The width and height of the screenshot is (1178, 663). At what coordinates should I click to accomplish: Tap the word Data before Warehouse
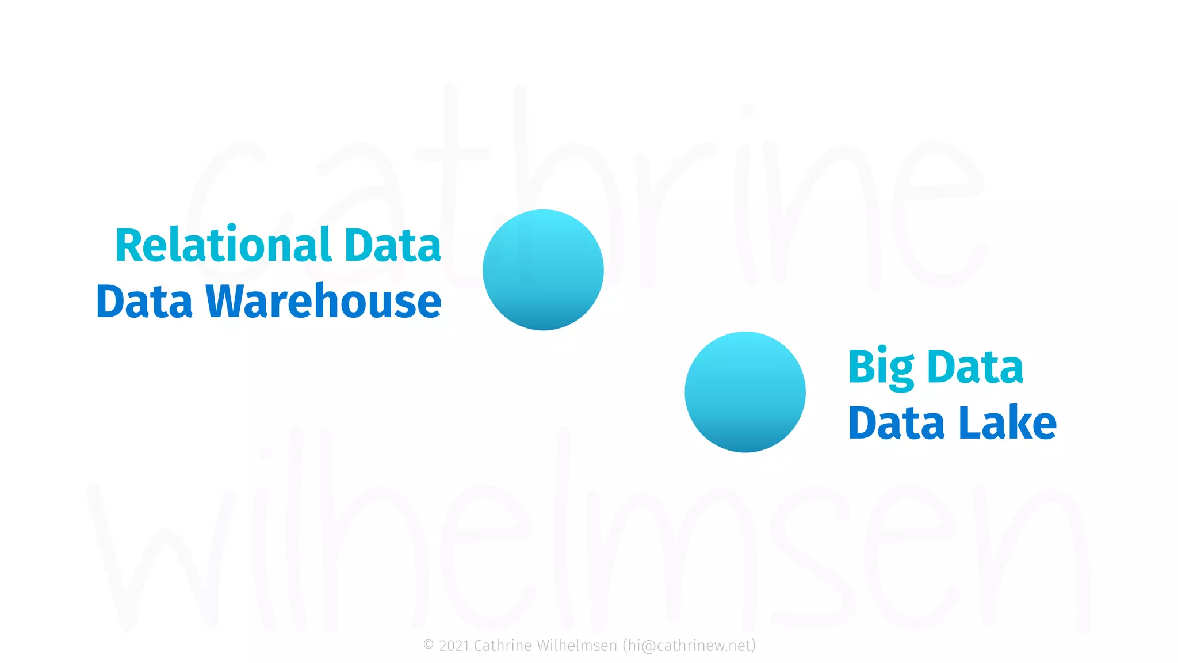[144, 302]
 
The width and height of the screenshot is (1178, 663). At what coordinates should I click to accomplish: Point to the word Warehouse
[323, 302]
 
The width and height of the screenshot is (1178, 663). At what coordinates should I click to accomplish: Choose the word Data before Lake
[896, 424]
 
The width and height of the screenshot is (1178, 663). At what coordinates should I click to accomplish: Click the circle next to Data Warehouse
[543, 270]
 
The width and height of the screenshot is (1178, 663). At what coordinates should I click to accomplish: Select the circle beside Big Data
[745, 392]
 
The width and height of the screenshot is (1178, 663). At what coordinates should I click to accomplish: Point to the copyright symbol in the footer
[429, 645]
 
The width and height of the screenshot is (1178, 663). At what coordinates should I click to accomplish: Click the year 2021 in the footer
[454, 646]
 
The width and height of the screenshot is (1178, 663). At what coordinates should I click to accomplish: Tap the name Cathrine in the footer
[503, 646]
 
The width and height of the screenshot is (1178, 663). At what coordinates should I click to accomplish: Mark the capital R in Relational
[128, 246]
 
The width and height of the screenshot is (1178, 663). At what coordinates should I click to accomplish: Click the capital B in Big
[861, 367]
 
